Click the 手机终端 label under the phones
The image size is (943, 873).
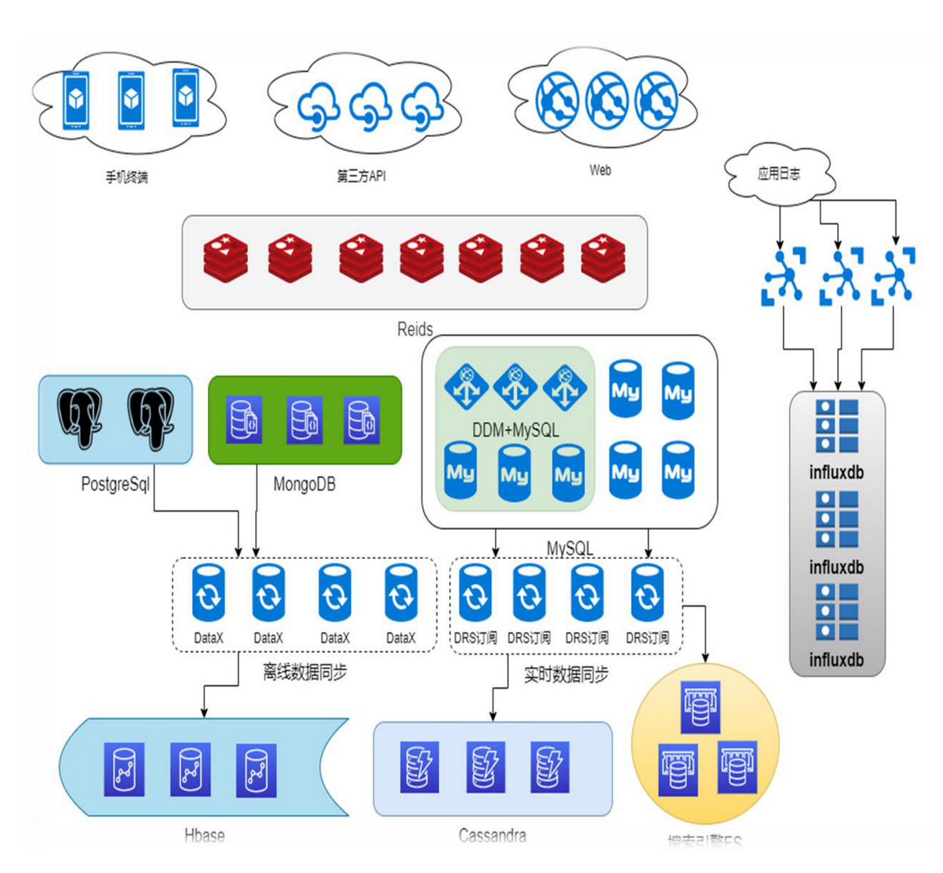126,177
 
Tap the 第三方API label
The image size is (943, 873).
361,176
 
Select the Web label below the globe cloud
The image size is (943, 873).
600,170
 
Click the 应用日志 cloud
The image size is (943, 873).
779,174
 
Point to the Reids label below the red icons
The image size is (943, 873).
415,329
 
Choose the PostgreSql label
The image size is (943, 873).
115,484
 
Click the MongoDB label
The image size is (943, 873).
304,484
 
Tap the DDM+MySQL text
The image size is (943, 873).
515,430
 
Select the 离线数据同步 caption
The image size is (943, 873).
305,672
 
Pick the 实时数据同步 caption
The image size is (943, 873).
566,674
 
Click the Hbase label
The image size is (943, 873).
204,835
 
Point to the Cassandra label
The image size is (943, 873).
492,835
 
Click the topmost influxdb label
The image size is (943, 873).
836,473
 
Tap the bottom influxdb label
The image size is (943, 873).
836,660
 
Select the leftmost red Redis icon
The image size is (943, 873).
226,258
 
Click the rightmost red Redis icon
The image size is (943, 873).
603,258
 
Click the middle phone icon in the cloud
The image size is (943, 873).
131,99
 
